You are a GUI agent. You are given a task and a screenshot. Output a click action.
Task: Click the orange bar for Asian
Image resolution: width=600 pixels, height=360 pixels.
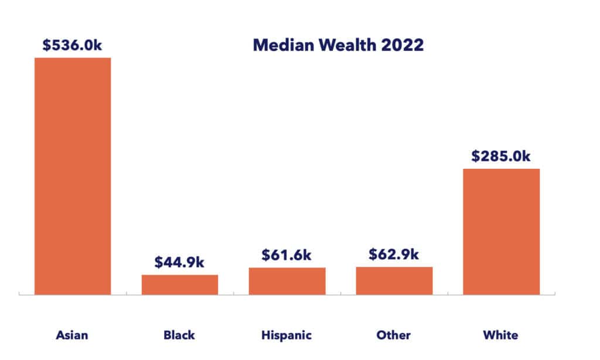(x=73, y=176)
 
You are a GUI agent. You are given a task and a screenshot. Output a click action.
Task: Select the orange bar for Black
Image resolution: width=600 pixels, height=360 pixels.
(x=180, y=284)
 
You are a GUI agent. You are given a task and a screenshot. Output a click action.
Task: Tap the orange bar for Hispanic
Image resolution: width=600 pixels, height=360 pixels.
(x=287, y=281)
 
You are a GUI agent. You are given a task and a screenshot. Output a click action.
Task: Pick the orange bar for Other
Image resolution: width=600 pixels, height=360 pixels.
(x=394, y=280)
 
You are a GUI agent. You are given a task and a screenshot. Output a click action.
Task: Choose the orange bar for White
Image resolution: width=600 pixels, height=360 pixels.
(x=501, y=232)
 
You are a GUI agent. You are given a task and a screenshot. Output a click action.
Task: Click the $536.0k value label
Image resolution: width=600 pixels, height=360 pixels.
(x=73, y=46)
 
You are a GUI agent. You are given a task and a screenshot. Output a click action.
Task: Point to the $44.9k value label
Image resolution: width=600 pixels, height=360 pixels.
(x=180, y=262)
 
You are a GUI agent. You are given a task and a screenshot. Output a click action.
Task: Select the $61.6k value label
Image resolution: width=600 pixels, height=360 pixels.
(x=287, y=255)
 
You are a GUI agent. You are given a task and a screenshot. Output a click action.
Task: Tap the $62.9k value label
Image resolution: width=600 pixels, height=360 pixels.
(x=394, y=254)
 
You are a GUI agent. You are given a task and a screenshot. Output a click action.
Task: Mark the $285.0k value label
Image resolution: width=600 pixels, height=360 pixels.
(x=501, y=157)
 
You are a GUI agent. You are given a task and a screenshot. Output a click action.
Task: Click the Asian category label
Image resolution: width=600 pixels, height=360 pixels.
(x=72, y=335)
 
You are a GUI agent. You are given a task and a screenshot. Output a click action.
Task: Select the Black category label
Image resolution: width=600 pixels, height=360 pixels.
(x=179, y=335)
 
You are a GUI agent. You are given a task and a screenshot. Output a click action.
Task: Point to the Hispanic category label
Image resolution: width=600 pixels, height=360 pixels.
(x=287, y=336)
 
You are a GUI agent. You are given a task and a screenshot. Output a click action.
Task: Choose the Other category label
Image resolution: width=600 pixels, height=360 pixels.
(x=394, y=335)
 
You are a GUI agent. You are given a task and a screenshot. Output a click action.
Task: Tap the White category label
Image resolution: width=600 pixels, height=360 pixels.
(x=501, y=335)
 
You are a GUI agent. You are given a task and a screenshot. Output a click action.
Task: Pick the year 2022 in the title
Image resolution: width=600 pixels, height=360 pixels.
(x=403, y=45)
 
